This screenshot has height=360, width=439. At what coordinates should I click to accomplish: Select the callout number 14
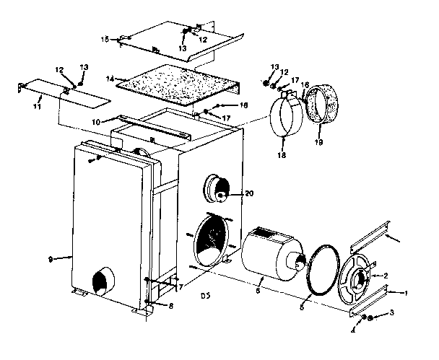(110, 77)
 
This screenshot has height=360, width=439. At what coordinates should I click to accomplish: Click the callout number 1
(406, 292)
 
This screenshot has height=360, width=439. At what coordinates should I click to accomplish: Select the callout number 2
(385, 276)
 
